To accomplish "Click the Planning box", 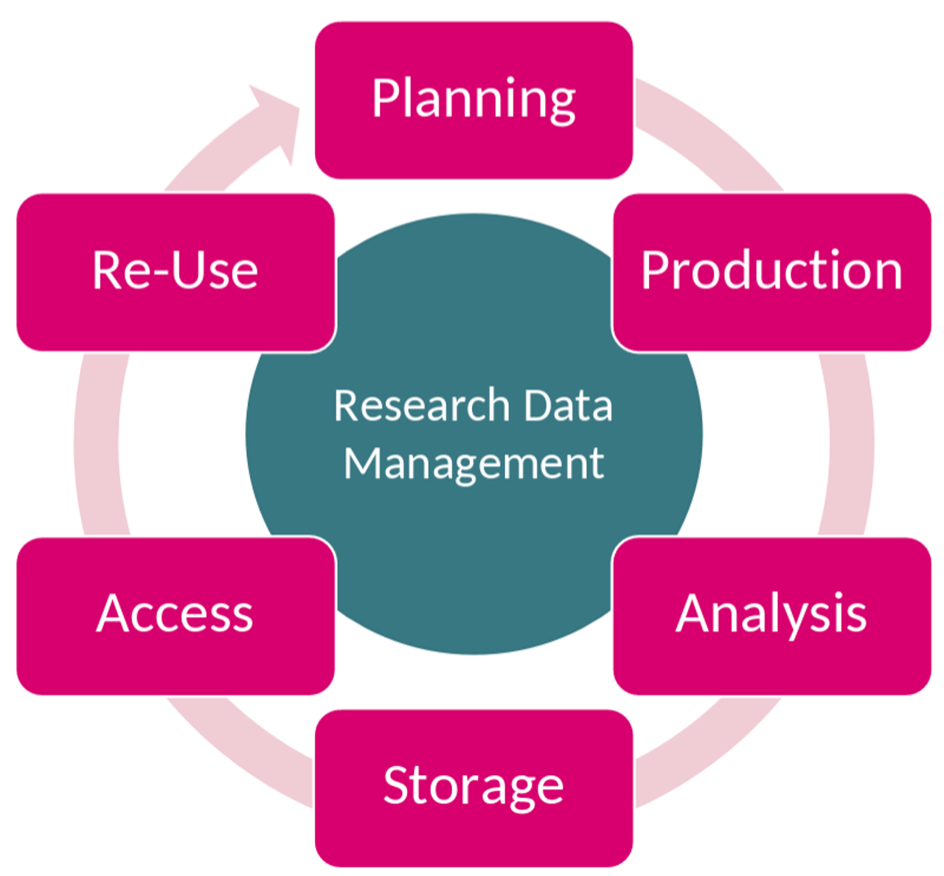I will point(473,100).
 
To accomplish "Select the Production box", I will point(771,272).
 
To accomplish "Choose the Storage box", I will point(473,788).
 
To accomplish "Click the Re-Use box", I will point(176,272).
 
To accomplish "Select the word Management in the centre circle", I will point(473,464).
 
